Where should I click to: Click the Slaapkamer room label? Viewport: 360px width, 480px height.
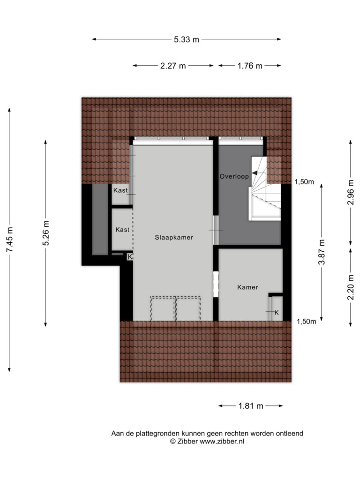[174, 237]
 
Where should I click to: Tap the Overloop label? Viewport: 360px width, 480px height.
[234, 176]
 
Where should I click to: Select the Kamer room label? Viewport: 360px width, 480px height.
[247, 287]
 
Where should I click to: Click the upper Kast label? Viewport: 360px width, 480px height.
[120, 190]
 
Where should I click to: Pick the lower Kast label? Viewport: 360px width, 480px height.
[122, 230]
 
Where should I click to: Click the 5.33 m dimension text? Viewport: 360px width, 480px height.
[187, 39]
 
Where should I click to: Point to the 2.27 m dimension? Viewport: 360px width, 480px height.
[173, 66]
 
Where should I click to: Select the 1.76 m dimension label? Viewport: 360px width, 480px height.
[250, 66]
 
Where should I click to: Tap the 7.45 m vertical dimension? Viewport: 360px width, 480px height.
[9, 240]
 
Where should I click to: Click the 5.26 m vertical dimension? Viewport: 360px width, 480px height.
[46, 233]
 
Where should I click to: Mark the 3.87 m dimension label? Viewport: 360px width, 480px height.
[322, 252]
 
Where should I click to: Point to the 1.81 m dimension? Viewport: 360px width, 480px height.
[251, 406]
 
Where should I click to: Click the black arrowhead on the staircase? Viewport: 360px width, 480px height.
[255, 173]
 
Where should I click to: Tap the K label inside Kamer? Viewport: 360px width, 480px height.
[277, 313]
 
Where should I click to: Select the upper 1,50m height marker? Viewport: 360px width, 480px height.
[304, 182]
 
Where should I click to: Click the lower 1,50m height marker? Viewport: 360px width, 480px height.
[307, 322]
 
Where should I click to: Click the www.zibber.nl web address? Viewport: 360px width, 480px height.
[222, 442]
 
